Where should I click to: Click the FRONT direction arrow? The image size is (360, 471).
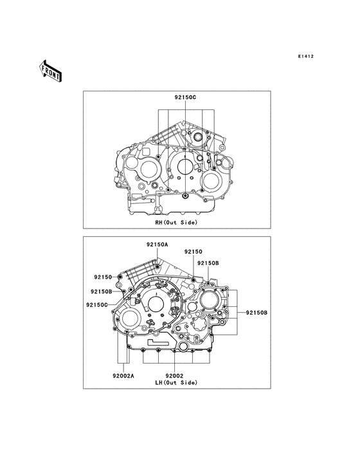50,71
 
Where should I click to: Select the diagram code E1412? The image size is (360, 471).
306,56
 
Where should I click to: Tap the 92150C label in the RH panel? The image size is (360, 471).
185,97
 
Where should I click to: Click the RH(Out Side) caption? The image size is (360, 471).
176,223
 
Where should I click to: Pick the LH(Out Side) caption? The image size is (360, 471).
176,383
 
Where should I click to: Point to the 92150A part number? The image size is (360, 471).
157,245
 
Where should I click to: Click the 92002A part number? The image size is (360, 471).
123,376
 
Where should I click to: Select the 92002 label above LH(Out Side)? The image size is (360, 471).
174,376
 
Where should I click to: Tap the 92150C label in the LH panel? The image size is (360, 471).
97,305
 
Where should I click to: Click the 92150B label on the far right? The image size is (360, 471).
256,313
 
